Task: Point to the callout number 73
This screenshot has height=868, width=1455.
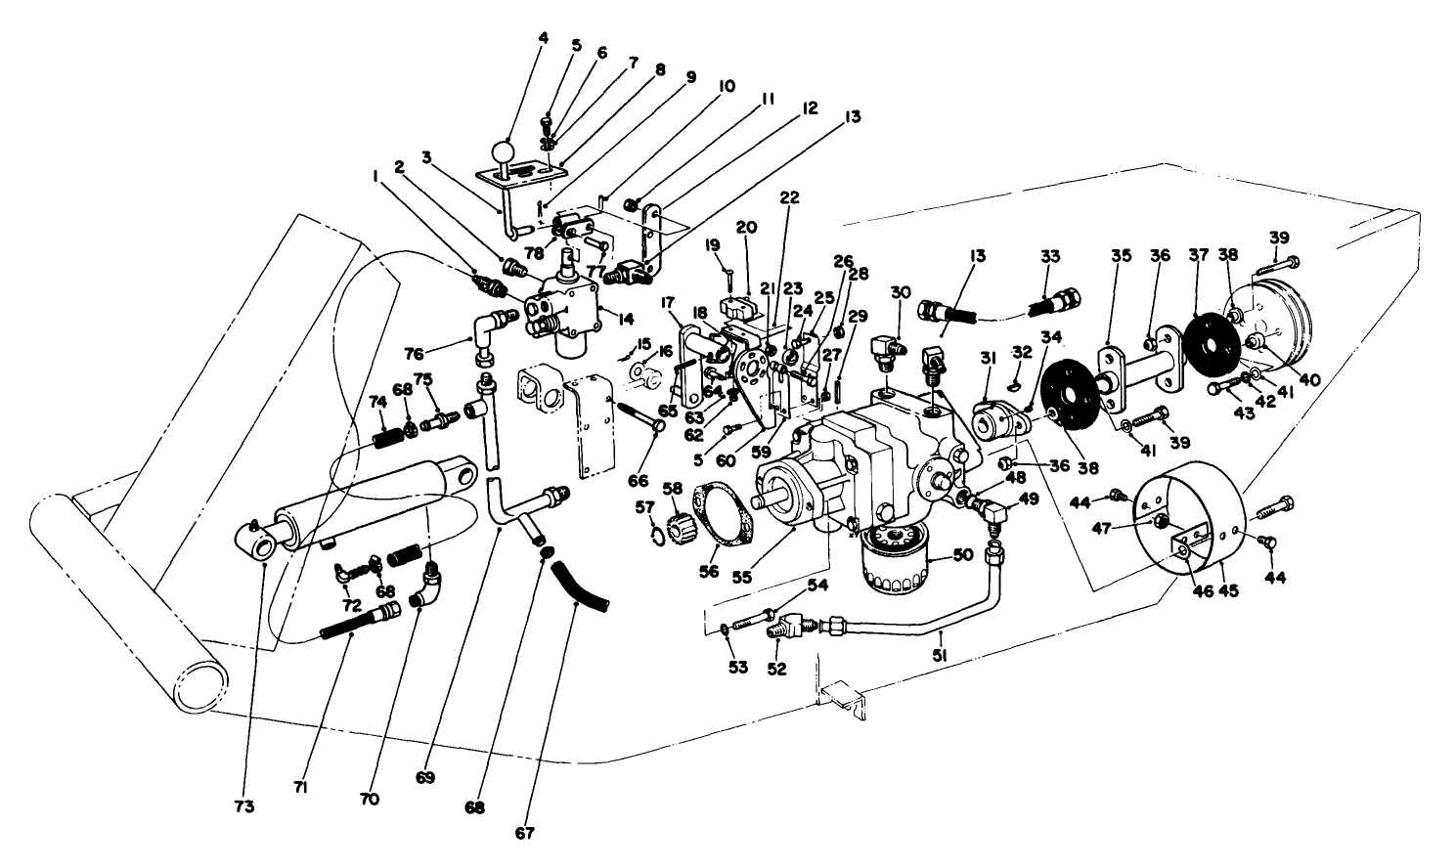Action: pos(244,807)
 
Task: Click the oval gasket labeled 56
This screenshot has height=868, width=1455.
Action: pos(720,507)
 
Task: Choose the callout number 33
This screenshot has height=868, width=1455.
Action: pos(1049,256)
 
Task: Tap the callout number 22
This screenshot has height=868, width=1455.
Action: pos(790,197)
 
